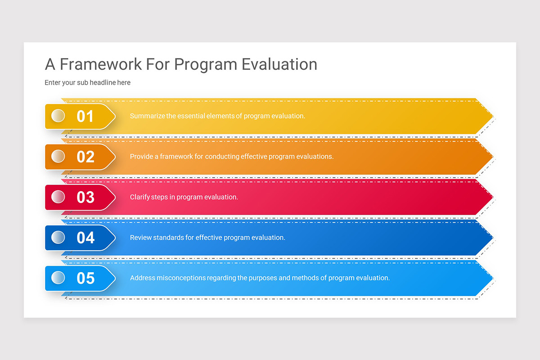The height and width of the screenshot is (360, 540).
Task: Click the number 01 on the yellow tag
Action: (x=85, y=116)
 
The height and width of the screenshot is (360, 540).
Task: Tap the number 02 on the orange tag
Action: (x=85, y=157)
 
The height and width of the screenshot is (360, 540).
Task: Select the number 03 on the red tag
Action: (x=85, y=197)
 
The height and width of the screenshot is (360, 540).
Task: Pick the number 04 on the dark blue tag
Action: (x=85, y=238)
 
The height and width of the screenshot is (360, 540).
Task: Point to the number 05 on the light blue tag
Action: (x=85, y=278)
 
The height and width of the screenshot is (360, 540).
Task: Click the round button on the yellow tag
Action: (x=58, y=116)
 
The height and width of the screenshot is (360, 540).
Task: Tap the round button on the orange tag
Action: (x=58, y=156)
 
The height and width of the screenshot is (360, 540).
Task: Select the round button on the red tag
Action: (x=58, y=197)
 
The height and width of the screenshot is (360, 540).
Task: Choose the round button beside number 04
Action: (x=58, y=237)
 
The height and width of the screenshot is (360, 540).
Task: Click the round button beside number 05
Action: (x=58, y=278)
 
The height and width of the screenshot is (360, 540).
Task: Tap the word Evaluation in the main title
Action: (x=279, y=64)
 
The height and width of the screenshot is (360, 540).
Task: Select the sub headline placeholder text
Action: (x=87, y=83)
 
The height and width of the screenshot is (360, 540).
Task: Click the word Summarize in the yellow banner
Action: (x=147, y=116)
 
